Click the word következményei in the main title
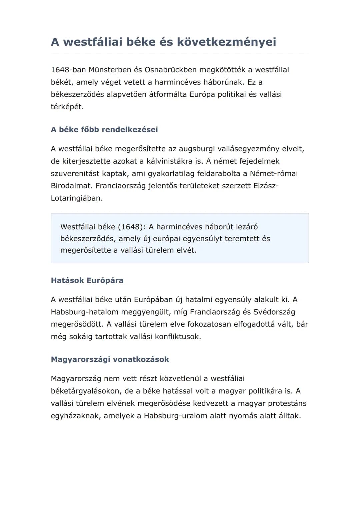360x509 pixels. click(x=226, y=42)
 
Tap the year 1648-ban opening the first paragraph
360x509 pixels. click(x=68, y=70)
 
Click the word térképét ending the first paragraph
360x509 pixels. click(x=67, y=107)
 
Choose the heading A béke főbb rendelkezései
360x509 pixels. click(x=104, y=129)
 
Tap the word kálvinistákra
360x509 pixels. click(x=169, y=161)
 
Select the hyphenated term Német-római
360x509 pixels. click(x=274, y=173)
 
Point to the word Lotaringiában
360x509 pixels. click(x=76, y=198)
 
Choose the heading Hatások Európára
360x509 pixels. click(x=87, y=280)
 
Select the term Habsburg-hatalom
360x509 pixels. click(x=85, y=312)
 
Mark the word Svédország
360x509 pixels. click(x=274, y=312)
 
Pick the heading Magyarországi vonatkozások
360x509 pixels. click(x=110, y=359)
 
